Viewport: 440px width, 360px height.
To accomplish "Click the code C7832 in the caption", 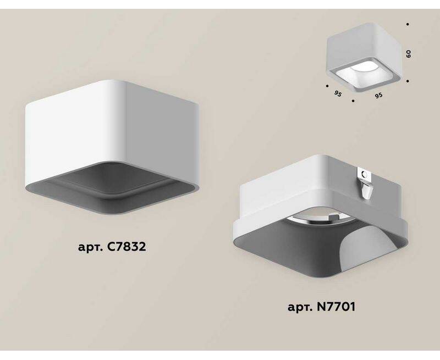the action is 127,247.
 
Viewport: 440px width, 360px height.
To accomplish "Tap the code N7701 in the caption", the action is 336,307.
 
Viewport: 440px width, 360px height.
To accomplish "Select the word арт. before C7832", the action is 91,248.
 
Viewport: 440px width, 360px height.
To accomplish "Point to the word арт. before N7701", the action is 300,308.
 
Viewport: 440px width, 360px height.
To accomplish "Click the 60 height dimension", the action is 409,54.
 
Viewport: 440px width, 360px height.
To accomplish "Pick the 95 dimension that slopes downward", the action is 338,94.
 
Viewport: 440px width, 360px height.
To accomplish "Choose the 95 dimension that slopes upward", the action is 378,96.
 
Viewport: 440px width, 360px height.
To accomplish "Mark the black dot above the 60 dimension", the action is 408,24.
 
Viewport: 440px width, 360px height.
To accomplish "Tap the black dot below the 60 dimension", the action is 408,81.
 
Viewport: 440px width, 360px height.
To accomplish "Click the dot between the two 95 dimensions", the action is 353,101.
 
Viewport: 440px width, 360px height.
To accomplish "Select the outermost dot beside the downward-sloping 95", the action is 327,86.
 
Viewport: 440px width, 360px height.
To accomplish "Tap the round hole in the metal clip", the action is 365,175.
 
